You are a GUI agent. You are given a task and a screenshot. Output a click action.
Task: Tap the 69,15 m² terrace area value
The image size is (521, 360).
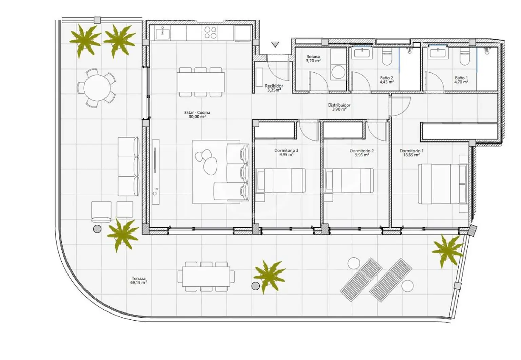pos(138,282)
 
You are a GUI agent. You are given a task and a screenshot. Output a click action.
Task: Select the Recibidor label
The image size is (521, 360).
pos(274,86)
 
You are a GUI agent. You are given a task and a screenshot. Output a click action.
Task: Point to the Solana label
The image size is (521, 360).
pos(313,57)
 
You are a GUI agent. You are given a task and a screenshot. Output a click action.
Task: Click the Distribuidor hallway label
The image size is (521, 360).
pos(339,105)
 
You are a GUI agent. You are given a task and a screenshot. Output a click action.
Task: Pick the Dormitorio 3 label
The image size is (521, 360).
pos(286,150)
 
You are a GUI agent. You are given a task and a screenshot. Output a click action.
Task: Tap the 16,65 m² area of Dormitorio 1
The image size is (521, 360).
pos(411,155)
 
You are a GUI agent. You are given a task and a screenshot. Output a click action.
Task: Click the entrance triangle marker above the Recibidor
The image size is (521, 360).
pos(275,44)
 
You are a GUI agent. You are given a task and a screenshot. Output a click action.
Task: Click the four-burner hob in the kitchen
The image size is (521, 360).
pos(210,33)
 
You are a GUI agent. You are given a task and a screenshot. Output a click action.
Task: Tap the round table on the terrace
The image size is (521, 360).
pos(96,88)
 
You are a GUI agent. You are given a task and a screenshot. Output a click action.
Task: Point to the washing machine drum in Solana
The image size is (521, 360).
pos(338,72)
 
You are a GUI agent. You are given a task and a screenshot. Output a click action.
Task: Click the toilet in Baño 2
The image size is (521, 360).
pos(387,58)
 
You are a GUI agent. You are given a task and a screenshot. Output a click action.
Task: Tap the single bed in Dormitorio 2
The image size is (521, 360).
pos(349,181)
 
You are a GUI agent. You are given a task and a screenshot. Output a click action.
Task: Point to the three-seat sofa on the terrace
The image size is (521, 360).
pos(128,166)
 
